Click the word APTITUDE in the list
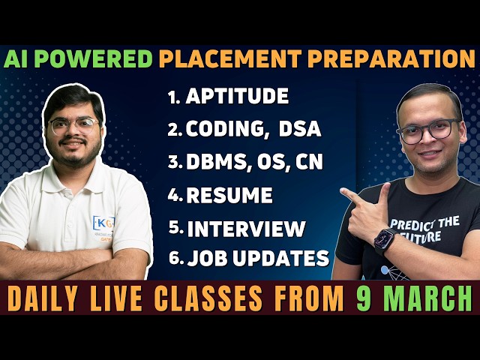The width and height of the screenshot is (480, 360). pyautogui.click(x=237, y=97)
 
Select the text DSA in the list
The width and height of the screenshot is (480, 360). pyautogui.click(x=299, y=129)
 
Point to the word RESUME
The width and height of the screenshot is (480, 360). pyautogui.click(x=229, y=196)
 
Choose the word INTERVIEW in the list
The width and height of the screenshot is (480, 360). pyautogui.click(x=246, y=229)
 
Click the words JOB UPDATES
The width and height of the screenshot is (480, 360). pyautogui.click(x=258, y=259)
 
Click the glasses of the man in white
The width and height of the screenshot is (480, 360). pyautogui.click(x=73, y=125)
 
